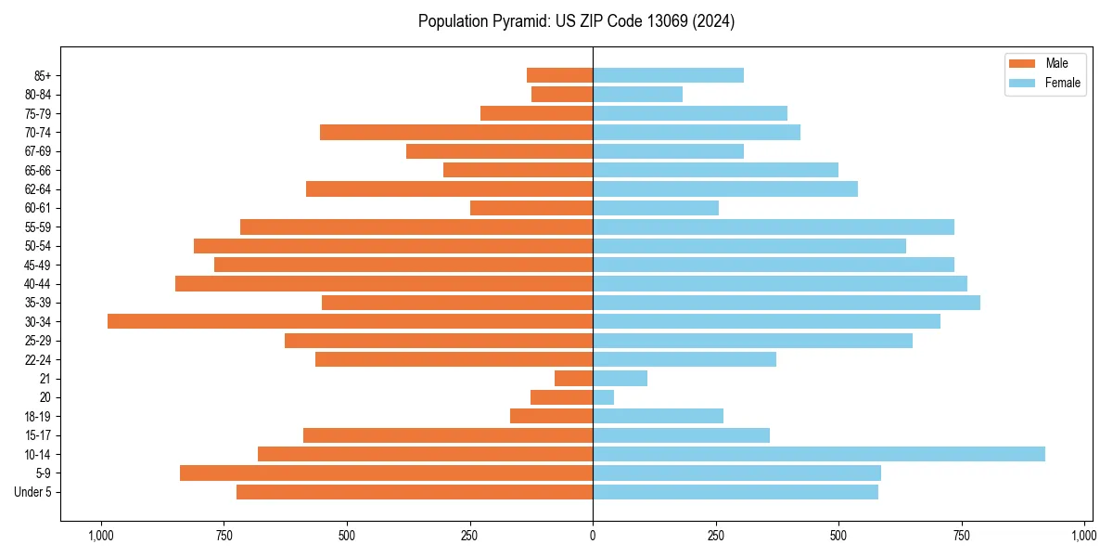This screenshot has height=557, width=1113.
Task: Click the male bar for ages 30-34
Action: coord(350,321)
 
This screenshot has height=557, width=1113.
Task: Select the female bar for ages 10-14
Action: coord(819,454)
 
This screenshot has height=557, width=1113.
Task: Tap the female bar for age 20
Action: coord(604,397)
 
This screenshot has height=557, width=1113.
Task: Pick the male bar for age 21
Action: coord(574,378)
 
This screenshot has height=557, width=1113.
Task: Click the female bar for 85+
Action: coord(668,75)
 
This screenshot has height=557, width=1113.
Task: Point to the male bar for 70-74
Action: coord(456,132)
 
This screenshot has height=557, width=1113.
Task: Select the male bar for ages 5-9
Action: coord(386,473)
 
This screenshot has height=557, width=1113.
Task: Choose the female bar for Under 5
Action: coord(736,492)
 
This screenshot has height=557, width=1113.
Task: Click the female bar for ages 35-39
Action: coord(787,303)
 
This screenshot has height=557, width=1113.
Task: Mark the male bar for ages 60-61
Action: coord(531,208)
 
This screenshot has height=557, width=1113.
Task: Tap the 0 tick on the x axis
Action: coord(593,536)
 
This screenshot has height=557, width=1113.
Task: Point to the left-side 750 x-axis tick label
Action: coord(223,536)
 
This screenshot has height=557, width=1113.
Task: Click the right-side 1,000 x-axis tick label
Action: coord(1083,536)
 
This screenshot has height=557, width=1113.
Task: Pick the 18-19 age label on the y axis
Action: coord(37,416)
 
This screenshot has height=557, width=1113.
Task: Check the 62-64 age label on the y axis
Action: coord(37,189)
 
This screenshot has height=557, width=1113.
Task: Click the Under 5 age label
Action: coord(33,492)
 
